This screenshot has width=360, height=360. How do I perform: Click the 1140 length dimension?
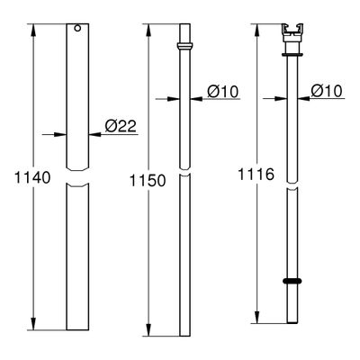pos(32,178)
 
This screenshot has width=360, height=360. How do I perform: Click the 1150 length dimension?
pos(148,181)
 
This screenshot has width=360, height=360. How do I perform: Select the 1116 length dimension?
pos(256,175)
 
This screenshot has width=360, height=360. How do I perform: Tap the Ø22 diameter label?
pos(121,126)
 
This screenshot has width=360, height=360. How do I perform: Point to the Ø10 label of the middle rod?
pos(223,91)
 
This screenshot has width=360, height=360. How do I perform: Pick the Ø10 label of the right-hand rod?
pos(327,90)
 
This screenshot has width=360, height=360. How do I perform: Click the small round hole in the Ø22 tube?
pos(77,28)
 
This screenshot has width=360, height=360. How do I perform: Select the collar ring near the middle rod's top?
pos(184,46)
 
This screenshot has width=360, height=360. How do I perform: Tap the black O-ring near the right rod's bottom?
pos(292,281)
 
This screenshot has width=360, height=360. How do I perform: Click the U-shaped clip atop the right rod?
pos(292,30)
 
